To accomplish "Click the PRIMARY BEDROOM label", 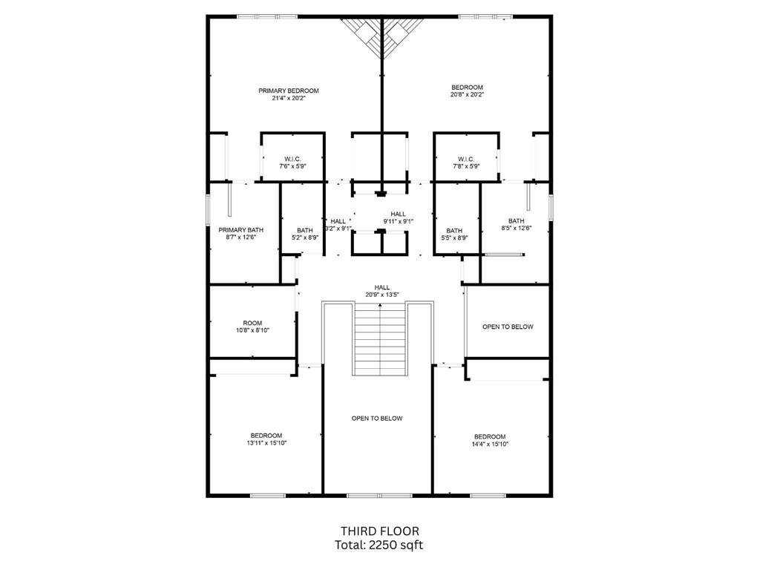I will tap(289, 91).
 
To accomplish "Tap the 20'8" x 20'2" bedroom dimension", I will tap(467, 95).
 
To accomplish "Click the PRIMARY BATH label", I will tap(236, 230).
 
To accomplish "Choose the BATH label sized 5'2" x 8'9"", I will tap(304, 230).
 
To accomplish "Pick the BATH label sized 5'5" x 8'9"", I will tap(454, 230).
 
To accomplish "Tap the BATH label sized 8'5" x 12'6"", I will tap(516, 221).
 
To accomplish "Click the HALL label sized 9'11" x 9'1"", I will tap(398, 214).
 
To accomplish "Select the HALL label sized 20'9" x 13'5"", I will tap(382, 287).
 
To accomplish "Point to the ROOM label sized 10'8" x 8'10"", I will tap(252, 323).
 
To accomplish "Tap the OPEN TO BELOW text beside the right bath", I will tap(508, 327).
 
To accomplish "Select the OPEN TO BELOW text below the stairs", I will tap(377, 419).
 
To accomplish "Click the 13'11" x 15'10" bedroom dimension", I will tap(266, 443).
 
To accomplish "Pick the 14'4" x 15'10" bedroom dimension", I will tap(490, 444).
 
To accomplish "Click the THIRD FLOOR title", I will tap(379, 531).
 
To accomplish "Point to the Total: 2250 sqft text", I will tap(379, 545).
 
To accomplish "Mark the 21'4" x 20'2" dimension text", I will tap(289, 98).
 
